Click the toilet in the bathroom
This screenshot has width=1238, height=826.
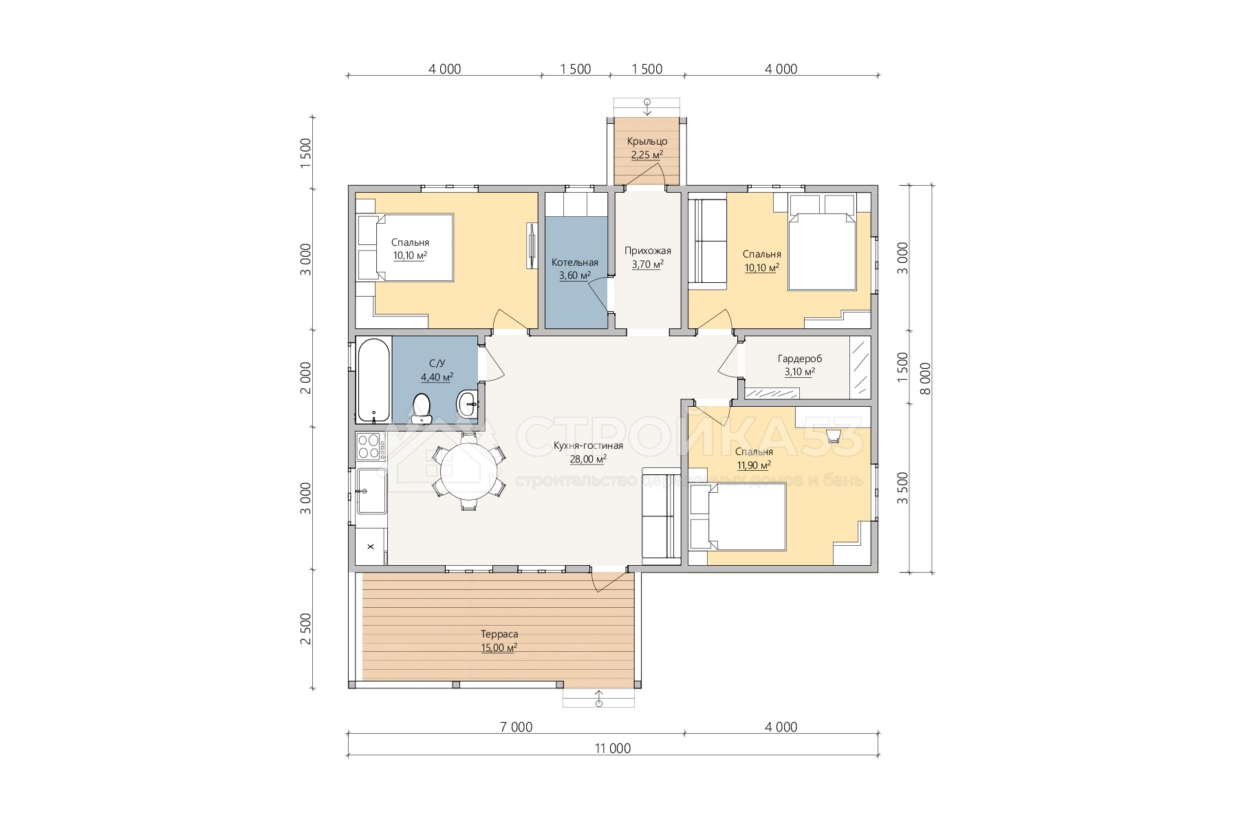(421, 408)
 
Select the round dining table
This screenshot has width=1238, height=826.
(469, 471)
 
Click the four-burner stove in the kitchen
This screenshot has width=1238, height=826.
(371, 446)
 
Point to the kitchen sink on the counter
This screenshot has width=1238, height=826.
(371, 491)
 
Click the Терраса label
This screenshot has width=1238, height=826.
(499, 634)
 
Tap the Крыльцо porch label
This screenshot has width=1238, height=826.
(647, 141)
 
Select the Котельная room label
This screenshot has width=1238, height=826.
(575, 262)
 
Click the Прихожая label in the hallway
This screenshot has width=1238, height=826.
(648, 251)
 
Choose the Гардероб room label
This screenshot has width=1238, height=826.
(800, 359)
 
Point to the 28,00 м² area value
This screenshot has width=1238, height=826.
(588, 459)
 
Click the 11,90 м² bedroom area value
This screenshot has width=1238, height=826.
(754, 465)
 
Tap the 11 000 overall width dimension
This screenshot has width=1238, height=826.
(613, 748)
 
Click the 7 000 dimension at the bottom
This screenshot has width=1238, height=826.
(516, 727)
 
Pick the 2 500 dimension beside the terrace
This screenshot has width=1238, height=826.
(306, 629)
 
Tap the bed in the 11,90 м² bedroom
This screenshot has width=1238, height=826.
(738, 517)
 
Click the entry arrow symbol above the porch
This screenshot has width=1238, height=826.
(647, 107)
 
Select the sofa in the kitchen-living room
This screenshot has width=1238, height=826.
(661, 516)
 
